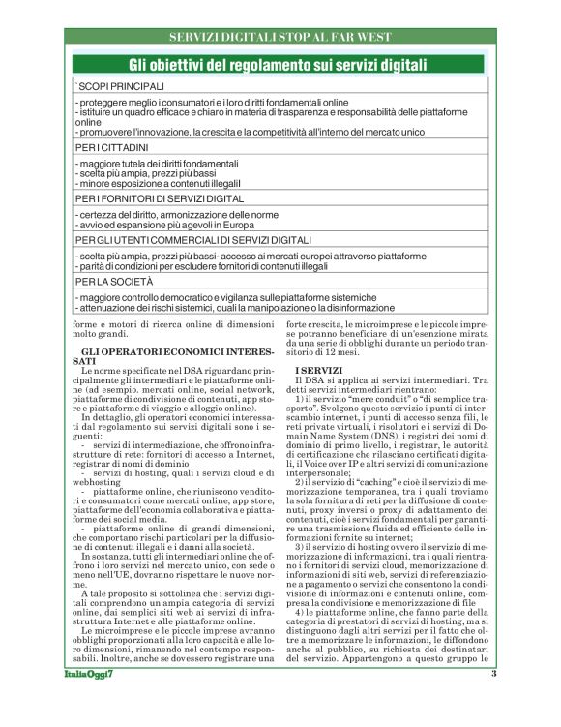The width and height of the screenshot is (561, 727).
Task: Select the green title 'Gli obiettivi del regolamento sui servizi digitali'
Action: pyautogui.click(x=280, y=65)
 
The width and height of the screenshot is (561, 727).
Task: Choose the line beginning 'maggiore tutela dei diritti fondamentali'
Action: pyautogui.click(x=156, y=164)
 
